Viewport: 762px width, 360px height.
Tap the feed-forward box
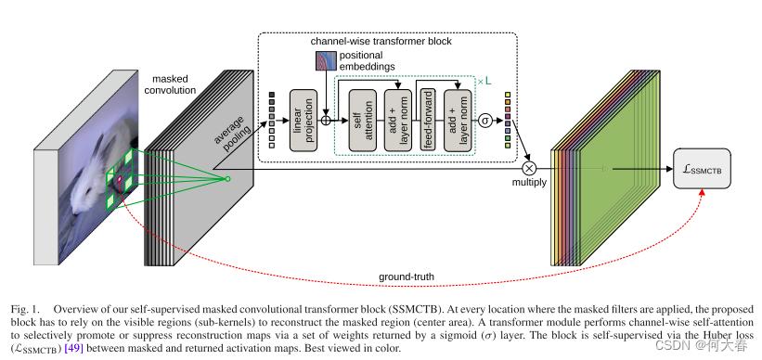pyautogui.click(x=428, y=121)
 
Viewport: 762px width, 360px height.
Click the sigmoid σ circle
pyautogui.click(x=484, y=121)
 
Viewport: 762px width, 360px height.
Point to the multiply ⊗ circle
pyautogui.click(x=529, y=168)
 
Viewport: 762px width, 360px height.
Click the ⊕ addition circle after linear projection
pyautogui.click(x=326, y=121)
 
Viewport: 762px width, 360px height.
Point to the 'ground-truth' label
pyautogui.click(x=406, y=276)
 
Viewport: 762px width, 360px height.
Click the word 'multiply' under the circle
pyautogui.click(x=529, y=184)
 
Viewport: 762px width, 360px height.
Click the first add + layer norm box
pyautogui.click(x=396, y=121)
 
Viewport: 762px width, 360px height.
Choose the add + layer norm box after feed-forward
pyautogui.click(x=454, y=121)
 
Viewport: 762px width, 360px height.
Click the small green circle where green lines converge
pyautogui.click(x=226, y=178)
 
